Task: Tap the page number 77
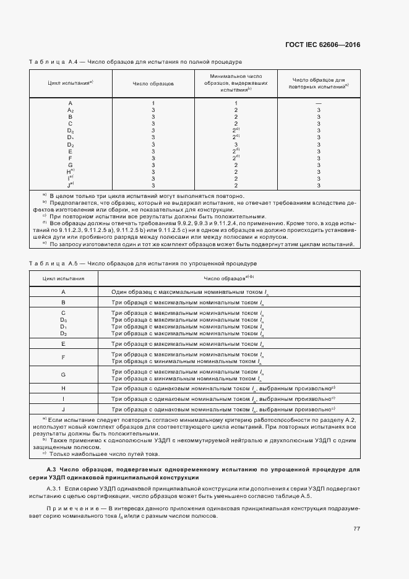point(356,528)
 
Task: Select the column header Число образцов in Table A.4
point(153,82)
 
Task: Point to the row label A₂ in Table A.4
point(71,109)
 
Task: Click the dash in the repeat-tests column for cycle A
point(318,103)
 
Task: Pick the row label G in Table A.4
point(71,165)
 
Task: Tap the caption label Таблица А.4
point(52,62)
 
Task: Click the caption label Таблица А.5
point(52,263)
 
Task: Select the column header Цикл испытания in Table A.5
point(64,278)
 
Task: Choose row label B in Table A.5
point(63,302)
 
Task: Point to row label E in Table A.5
point(63,343)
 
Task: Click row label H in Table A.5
point(63,388)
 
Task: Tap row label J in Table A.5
point(63,410)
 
